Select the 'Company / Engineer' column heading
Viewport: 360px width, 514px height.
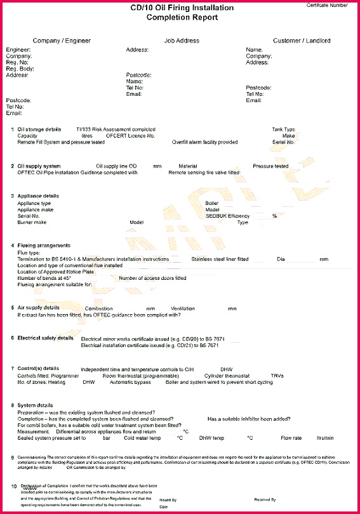click(x=62, y=41)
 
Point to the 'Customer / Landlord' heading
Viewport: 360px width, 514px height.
click(x=302, y=41)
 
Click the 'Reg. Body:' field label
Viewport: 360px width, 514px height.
click(x=20, y=69)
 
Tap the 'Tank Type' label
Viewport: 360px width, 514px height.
click(x=283, y=129)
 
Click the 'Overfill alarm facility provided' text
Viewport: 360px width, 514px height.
click(x=204, y=142)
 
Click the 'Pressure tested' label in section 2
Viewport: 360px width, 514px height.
click(x=270, y=166)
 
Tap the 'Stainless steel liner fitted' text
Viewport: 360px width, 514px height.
click(x=220, y=259)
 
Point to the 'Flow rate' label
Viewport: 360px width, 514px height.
click(x=291, y=438)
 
